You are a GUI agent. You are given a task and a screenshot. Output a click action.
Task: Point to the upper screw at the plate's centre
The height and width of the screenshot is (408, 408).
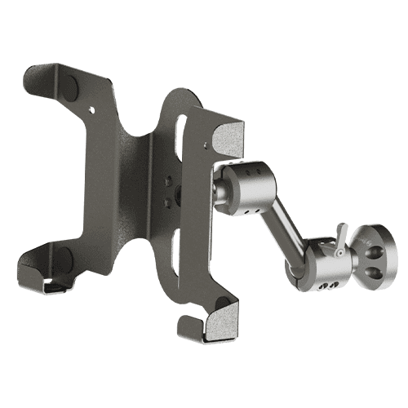170,180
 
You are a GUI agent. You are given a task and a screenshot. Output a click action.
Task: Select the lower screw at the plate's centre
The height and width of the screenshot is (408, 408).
168,198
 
